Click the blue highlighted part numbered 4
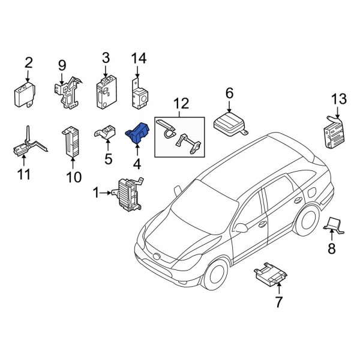139,136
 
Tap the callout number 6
229,93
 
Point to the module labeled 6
231,124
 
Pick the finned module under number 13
334,132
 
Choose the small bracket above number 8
334,226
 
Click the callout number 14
139,58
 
